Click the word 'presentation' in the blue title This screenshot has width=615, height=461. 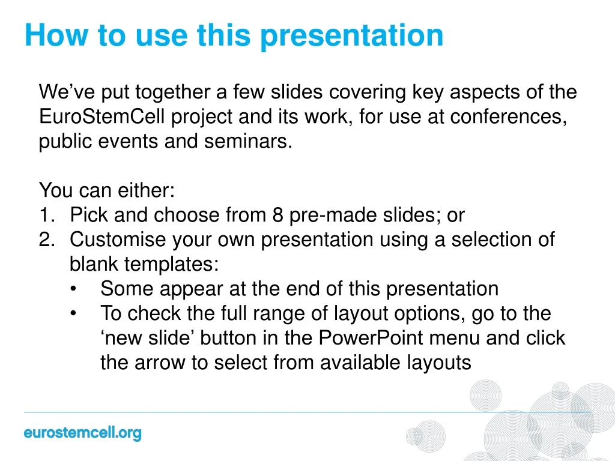coord(351,36)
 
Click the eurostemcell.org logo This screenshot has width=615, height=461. coord(82,433)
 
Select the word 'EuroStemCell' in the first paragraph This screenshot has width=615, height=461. coord(102,116)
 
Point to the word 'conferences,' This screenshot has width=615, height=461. coord(509,116)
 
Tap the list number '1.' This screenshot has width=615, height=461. coord(47,215)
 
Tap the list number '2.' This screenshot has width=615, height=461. coord(47,240)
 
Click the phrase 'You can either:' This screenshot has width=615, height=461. coord(106,191)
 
